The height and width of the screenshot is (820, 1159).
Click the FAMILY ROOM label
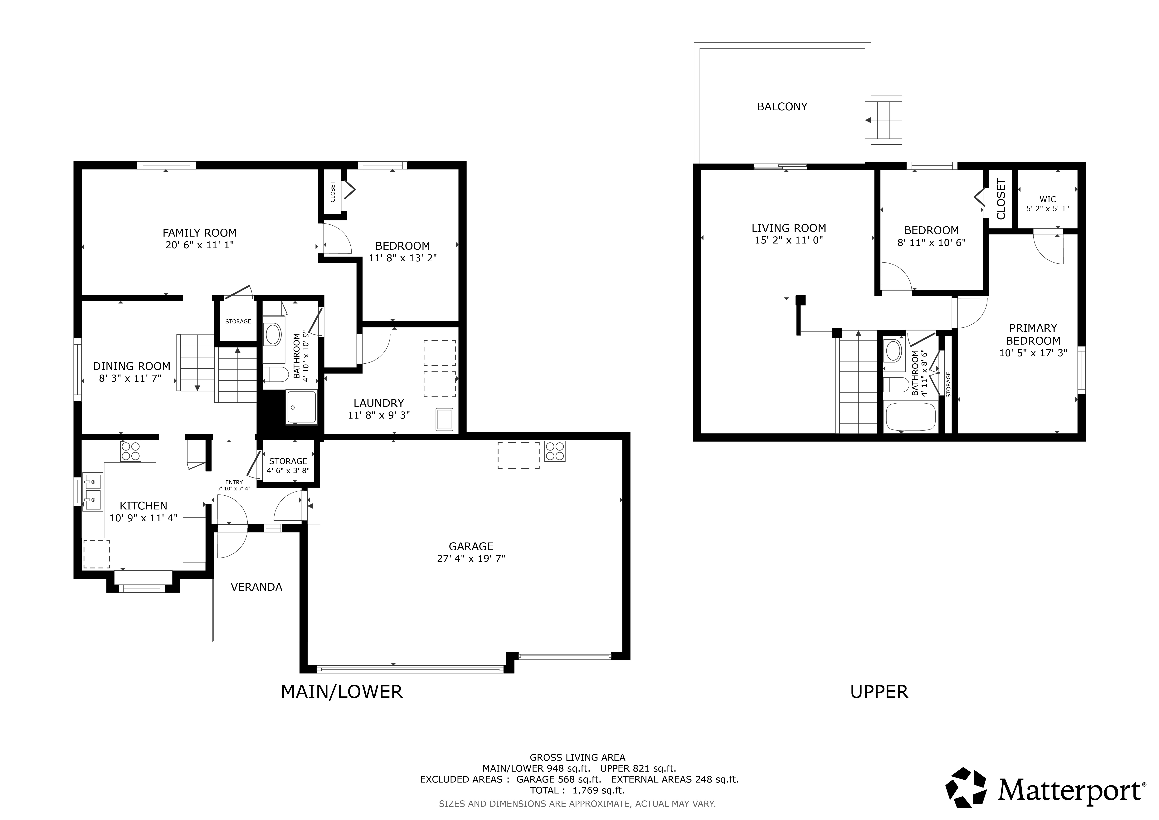199,233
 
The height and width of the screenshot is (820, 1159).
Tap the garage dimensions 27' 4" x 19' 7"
471,558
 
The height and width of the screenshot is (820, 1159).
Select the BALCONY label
782,106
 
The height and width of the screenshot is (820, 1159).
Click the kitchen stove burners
131,451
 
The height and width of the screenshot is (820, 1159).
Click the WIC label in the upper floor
1047,199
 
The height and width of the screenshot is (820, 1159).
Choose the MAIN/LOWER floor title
342,692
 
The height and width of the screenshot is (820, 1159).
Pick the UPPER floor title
879,692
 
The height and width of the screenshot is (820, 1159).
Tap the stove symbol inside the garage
555,451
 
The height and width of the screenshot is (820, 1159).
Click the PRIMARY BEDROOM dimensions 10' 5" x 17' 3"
1033,353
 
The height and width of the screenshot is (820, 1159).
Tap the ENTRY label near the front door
234,482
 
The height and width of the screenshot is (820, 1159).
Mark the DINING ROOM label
131,366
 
